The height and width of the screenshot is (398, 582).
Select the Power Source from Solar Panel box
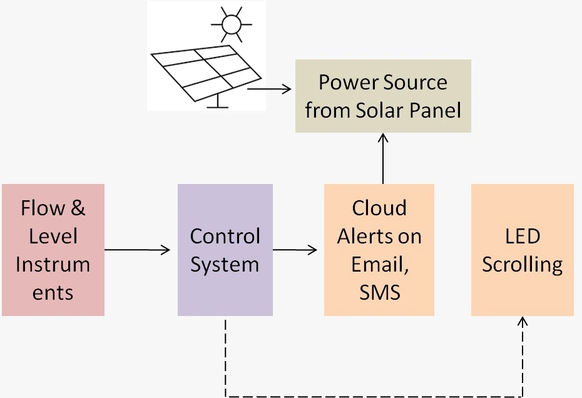pyautogui.click(x=383, y=96)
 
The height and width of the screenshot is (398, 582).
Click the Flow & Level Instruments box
pyautogui.click(x=53, y=250)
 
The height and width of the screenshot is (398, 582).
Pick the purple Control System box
pyautogui.click(x=225, y=250)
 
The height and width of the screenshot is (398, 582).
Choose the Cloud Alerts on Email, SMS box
pyautogui.click(x=379, y=250)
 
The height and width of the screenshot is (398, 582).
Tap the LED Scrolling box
pyautogui.click(x=522, y=250)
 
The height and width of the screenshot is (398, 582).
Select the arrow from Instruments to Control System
pyautogui.click(x=138, y=250)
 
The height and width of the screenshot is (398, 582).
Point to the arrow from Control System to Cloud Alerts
pyautogui.click(x=295, y=250)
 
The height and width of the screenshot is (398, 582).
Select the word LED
pyautogui.click(x=523, y=236)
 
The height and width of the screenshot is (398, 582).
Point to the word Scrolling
pyautogui.click(x=523, y=264)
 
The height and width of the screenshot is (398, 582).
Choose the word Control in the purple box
pyautogui.click(x=225, y=236)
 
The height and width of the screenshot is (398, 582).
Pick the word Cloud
pyautogui.click(x=379, y=208)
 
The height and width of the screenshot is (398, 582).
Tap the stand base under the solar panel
pyautogui.click(x=218, y=106)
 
